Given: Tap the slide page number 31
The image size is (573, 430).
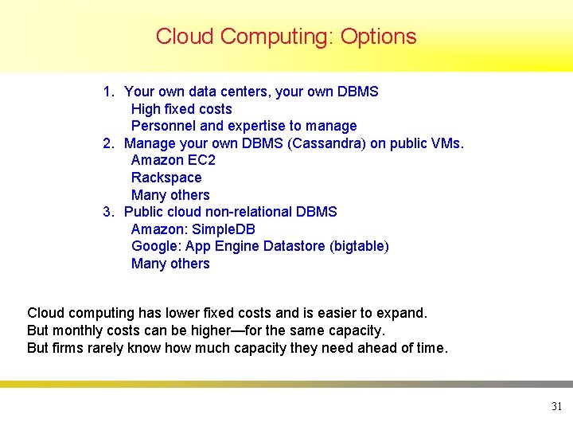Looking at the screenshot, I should coord(556,407).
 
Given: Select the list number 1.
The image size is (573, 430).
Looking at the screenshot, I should coord(108,92).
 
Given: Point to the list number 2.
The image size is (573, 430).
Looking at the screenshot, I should coord(108,143).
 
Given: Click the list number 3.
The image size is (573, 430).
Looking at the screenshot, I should coord(108,212).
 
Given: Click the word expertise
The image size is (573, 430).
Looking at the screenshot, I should coord(256,126).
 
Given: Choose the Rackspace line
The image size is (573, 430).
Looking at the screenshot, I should coord(166,178).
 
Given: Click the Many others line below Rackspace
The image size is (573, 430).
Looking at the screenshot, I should coord(170,195).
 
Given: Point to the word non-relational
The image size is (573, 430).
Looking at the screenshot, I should coord(248,212).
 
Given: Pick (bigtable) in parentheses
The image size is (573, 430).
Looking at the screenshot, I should coord(359,246).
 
